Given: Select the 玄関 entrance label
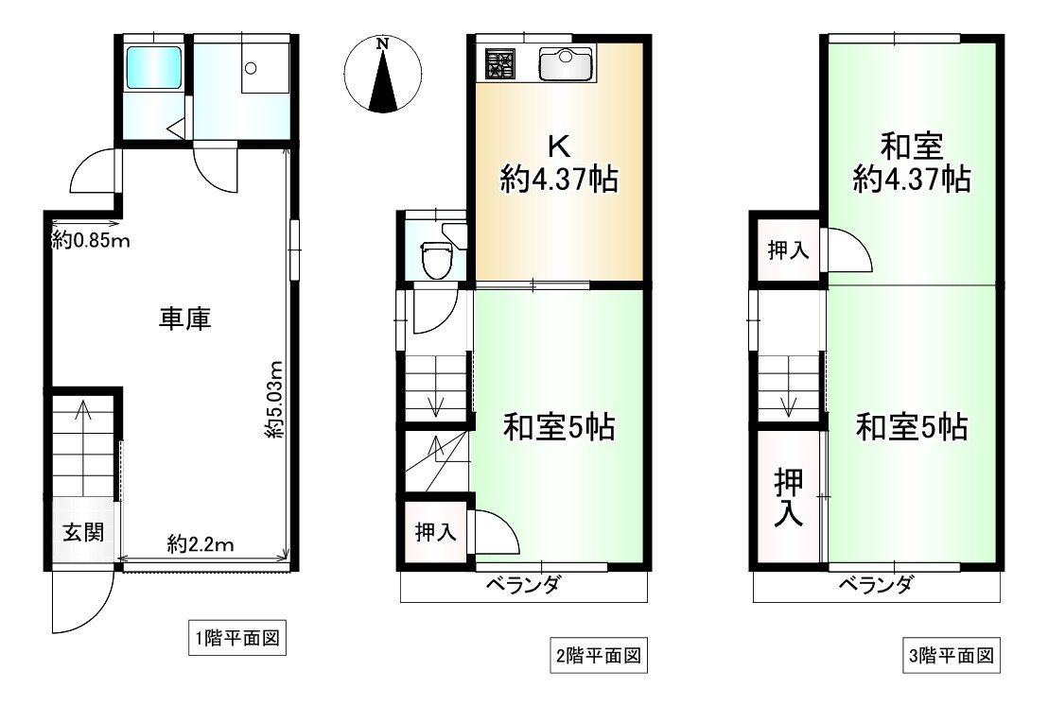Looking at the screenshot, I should point(82,532).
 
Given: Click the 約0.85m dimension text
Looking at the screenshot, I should point(91,241).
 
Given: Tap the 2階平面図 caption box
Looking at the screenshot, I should point(599,654).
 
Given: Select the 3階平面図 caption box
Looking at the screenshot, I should point(952,654).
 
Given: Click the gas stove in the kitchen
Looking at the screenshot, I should point(500,63).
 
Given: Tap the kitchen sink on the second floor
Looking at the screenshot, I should point(566,63).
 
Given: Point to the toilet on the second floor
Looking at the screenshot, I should point(436,258).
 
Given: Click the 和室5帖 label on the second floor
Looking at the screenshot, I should point(558,428).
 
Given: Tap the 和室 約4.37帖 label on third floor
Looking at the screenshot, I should point(911,163).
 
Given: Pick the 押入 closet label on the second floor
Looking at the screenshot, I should point(436,532).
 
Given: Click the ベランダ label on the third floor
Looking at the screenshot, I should point(876,585).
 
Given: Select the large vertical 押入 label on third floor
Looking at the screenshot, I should point(789,498).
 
